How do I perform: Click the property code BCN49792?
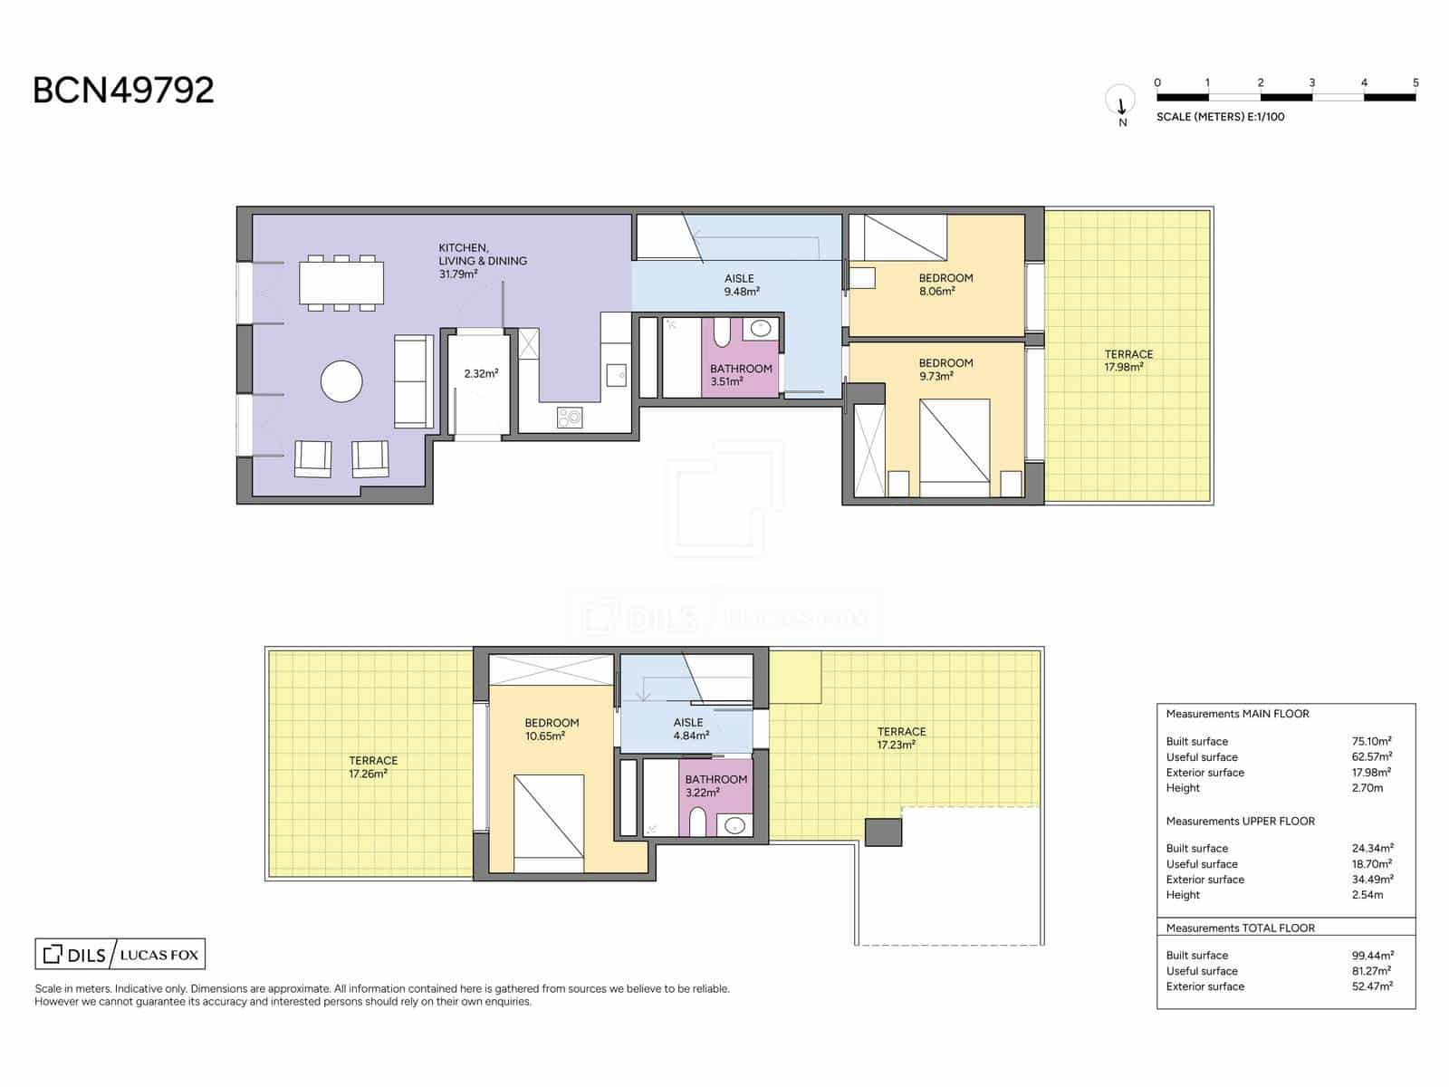click(123, 90)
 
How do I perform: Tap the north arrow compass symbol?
click(1121, 101)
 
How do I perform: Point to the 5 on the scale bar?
click(1415, 82)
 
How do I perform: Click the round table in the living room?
click(341, 381)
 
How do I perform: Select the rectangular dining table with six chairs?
click(341, 283)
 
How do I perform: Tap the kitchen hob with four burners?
click(570, 418)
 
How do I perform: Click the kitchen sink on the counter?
click(617, 372)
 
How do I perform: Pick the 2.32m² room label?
click(481, 373)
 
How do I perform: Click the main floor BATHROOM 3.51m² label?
click(741, 375)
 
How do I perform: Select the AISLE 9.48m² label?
click(740, 284)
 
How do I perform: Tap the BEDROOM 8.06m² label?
click(945, 284)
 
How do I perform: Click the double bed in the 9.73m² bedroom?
click(955, 447)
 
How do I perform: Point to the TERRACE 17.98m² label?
click(1128, 361)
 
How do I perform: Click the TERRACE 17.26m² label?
click(372, 767)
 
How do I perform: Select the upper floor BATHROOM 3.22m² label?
click(715, 785)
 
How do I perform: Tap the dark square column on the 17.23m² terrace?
click(883, 832)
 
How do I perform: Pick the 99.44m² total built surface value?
click(1372, 955)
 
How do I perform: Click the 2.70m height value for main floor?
click(1367, 788)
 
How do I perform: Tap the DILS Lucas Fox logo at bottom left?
click(120, 954)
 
